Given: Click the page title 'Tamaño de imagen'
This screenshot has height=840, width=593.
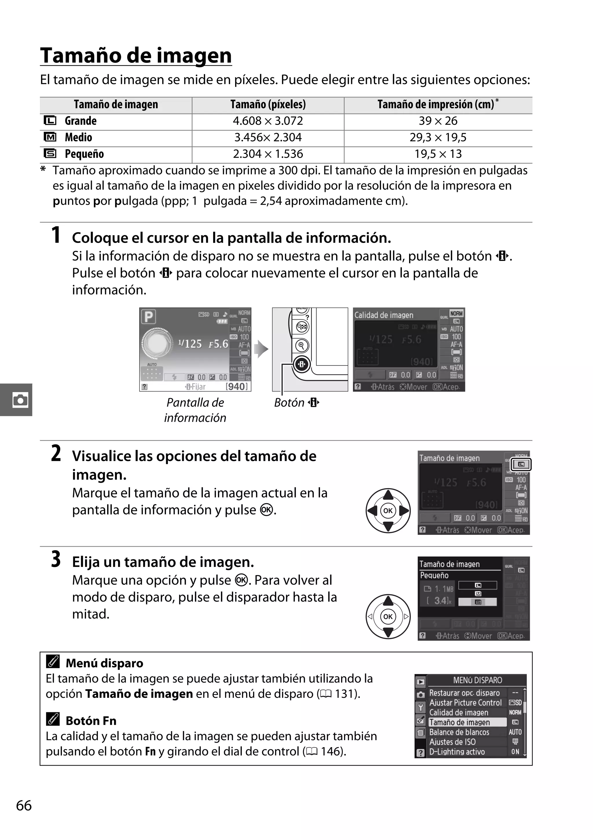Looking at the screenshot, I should click(x=136, y=56).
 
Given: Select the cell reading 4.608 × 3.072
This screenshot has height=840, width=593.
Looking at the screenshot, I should click(x=268, y=121).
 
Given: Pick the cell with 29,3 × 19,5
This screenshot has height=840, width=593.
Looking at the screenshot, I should click(x=438, y=138).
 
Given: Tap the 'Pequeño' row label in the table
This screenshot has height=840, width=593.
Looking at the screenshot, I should click(x=84, y=154).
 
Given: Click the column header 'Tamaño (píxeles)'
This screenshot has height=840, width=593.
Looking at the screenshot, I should click(x=268, y=105).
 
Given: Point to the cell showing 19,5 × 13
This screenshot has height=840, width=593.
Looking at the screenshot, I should click(x=438, y=154).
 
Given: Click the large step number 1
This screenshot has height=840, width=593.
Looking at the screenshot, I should click(x=56, y=235).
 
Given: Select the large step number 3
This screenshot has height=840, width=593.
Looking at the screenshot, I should click(x=56, y=559).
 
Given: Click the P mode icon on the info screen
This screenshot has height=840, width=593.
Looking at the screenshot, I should click(x=148, y=316).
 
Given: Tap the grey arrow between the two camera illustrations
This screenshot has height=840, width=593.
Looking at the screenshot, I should click(x=261, y=349).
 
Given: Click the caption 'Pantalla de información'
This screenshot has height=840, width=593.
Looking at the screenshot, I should click(x=195, y=410).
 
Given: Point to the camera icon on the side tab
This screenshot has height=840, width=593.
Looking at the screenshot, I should click(x=20, y=400).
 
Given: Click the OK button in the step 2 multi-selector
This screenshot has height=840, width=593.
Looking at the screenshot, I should click(x=388, y=511).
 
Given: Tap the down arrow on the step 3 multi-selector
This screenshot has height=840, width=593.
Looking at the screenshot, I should click(x=388, y=632).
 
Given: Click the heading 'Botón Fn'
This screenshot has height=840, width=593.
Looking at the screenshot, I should click(x=91, y=721).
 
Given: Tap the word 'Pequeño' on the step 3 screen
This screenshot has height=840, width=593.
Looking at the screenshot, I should click(x=434, y=575).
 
